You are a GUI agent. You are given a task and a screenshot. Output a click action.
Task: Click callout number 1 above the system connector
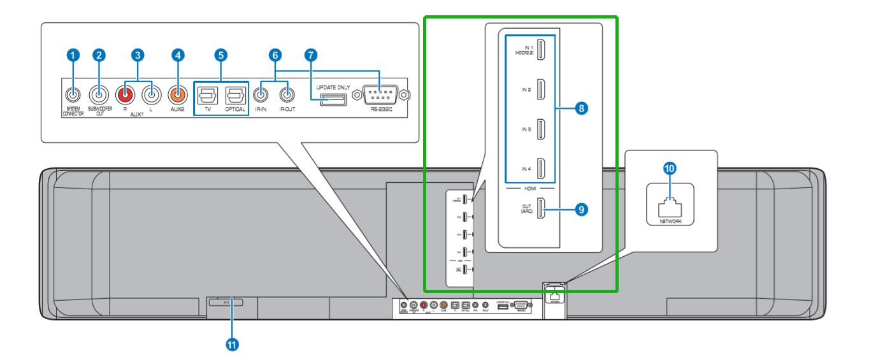[x=74, y=55]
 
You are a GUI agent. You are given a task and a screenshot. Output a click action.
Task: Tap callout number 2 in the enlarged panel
[x=99, y=55]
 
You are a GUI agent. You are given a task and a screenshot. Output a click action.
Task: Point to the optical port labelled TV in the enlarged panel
[x=205, y=96]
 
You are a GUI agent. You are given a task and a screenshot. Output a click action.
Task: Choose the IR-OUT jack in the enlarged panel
[x=289, y=96]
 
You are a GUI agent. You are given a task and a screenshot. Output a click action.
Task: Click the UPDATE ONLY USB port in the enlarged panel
[x=333, y=99]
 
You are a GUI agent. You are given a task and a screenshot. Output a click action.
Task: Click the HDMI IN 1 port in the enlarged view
[x=541, y=50]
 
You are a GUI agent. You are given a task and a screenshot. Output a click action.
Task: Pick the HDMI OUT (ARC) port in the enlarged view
[x=541, y=208]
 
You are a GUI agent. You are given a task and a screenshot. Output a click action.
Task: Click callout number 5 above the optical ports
[x=220, y=55]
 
